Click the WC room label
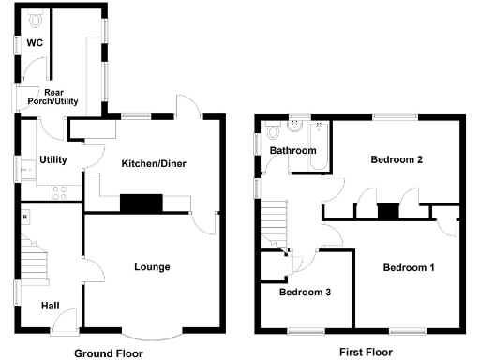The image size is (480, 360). pos(34,43)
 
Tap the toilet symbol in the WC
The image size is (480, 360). pos(35,19)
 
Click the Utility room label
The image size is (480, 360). pos(53,160)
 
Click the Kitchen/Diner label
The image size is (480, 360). pos(154,164)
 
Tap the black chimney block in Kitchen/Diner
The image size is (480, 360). pos(142,202)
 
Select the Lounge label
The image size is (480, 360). pos(152,267)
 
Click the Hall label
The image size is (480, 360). pos(51,306)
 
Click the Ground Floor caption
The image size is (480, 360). pos(109,353)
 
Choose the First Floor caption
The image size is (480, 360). pos(365,352)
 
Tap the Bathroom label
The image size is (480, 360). pos(292,150)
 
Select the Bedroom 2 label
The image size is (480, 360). pos(397,159)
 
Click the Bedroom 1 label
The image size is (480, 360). pos(409,268)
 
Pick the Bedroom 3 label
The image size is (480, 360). pos(306,292)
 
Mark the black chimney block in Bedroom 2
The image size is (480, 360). pos(385,211)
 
